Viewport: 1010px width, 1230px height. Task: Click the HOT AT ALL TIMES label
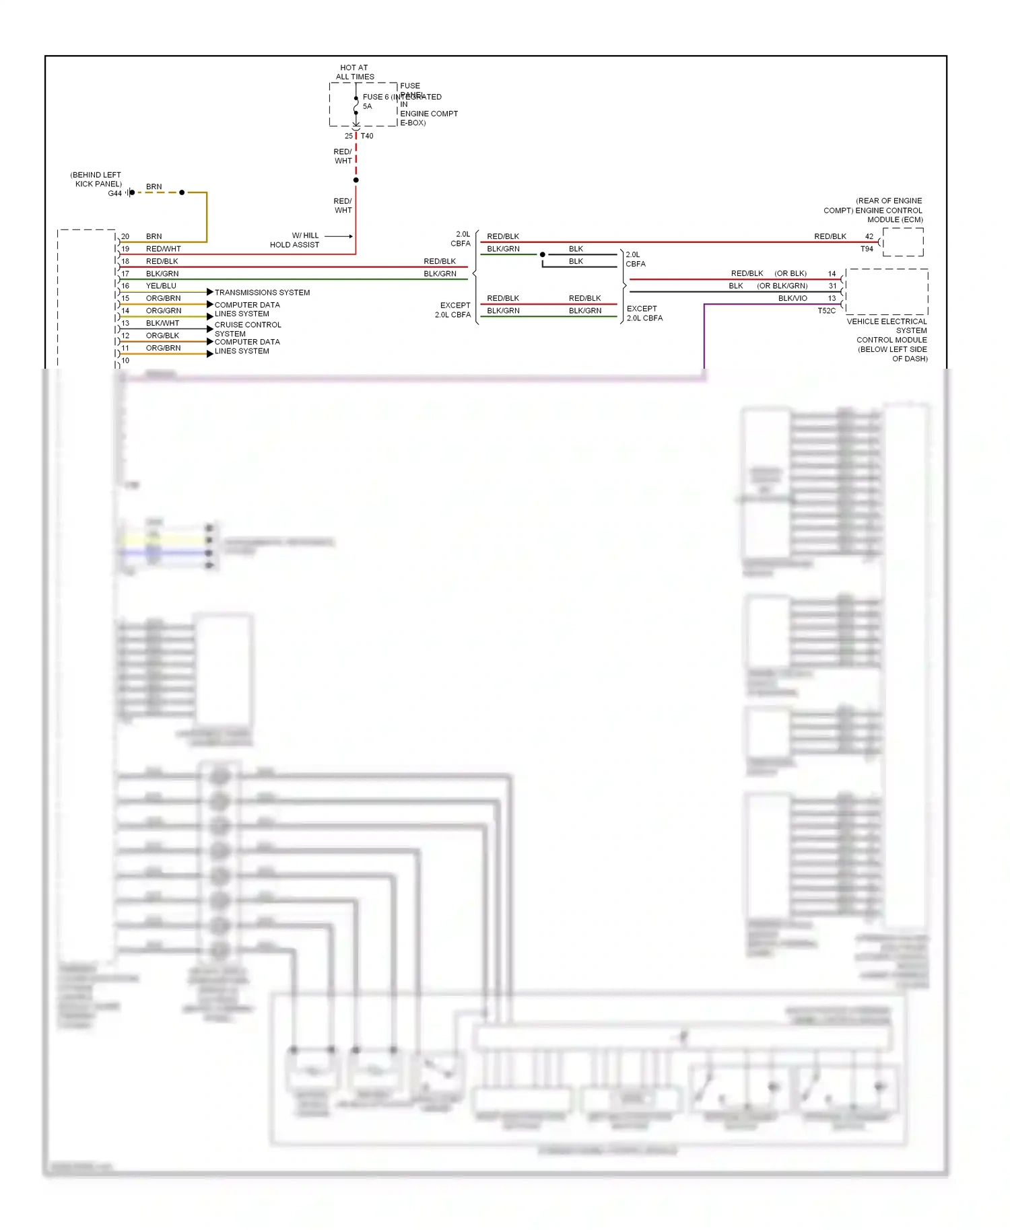pyautogui.click(x=354, y=72)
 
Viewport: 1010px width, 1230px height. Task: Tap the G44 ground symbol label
pyautogui.click(x=114, y=194)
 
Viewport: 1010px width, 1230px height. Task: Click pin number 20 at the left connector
pyautogui.click(x=125, y=237)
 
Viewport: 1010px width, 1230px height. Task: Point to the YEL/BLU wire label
pyautogui.click(x=161, y=286)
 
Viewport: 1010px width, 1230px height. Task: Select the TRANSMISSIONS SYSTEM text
pyautogui.click(x=262, y=293)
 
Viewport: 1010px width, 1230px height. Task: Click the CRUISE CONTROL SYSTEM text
pyautogui.click(x=247, y=329)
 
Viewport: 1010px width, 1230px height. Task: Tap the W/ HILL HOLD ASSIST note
pyautogui.click(x=295, y=240)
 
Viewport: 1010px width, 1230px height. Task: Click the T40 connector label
pyautogui.click(x=367, y=136)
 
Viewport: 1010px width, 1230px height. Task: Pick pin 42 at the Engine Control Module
pyautogui.click(x=869, y=237)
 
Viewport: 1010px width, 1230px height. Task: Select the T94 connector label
pyautogui.click(x=867, y=249)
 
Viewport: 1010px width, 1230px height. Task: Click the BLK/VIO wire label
pyautogui.click(x=793, y=299)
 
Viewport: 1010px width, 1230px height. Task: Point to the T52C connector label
pyautogui.click(x=826, y=311)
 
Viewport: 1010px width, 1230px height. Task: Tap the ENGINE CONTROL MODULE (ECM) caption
pyautogui.click(x=873, y=211)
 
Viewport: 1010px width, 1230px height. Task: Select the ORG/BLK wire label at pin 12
pyautogui.click(x=162, y=336)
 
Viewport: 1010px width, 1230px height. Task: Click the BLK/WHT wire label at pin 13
pyautogui.click(x=162, y=324)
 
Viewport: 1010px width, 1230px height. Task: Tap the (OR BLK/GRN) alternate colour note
pyautogui.click(x=782, y=286)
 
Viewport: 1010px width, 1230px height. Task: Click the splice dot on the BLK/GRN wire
pyautogui.click(x=543, y=254)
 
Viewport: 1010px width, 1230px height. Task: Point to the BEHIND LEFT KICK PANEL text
pyautogui.click(x=96, y=179)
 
